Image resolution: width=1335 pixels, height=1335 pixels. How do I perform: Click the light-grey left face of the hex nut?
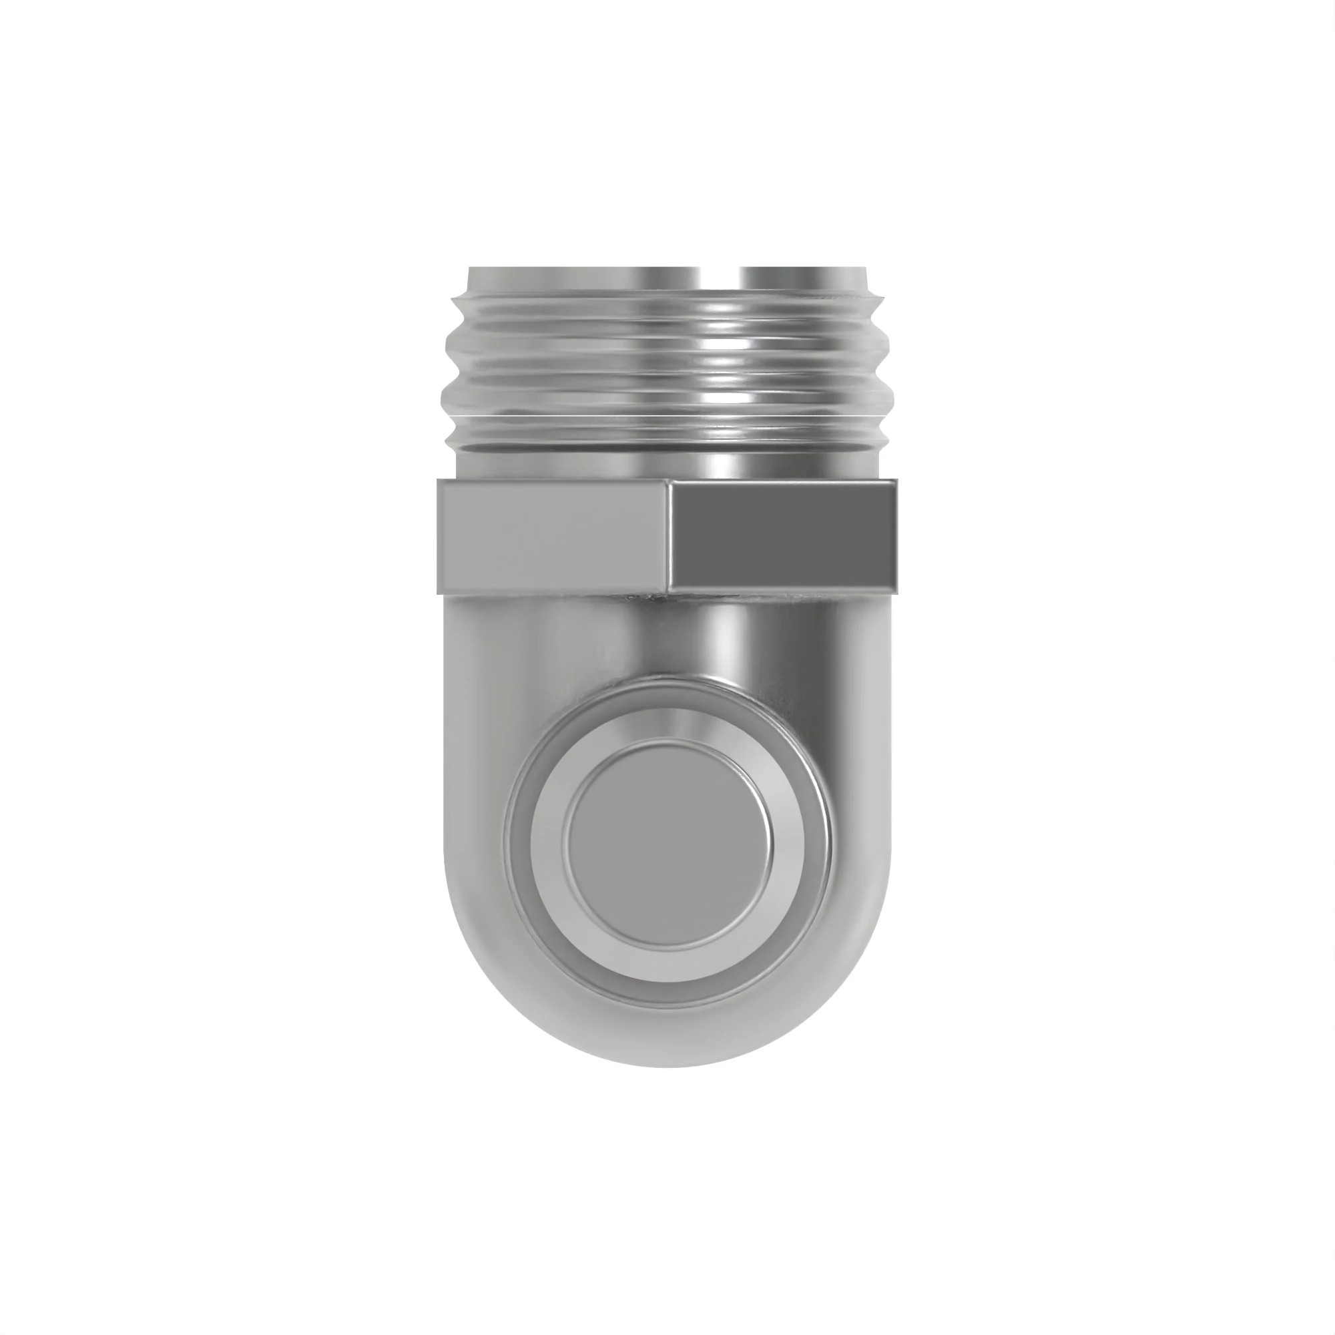pyautogui.click(x=553, y=537)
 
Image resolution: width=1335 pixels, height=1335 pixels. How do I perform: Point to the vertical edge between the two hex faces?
pyautogui.click(x=669, y=537)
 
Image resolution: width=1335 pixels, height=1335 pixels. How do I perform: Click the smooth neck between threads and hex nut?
pyautogui.click(x=667, y=465)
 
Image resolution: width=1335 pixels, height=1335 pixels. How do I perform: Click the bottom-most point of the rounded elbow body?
pyautogui.click(x=667, y=1066)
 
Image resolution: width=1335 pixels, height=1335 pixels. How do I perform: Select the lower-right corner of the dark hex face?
pyautogui.click(x=897, y=591)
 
